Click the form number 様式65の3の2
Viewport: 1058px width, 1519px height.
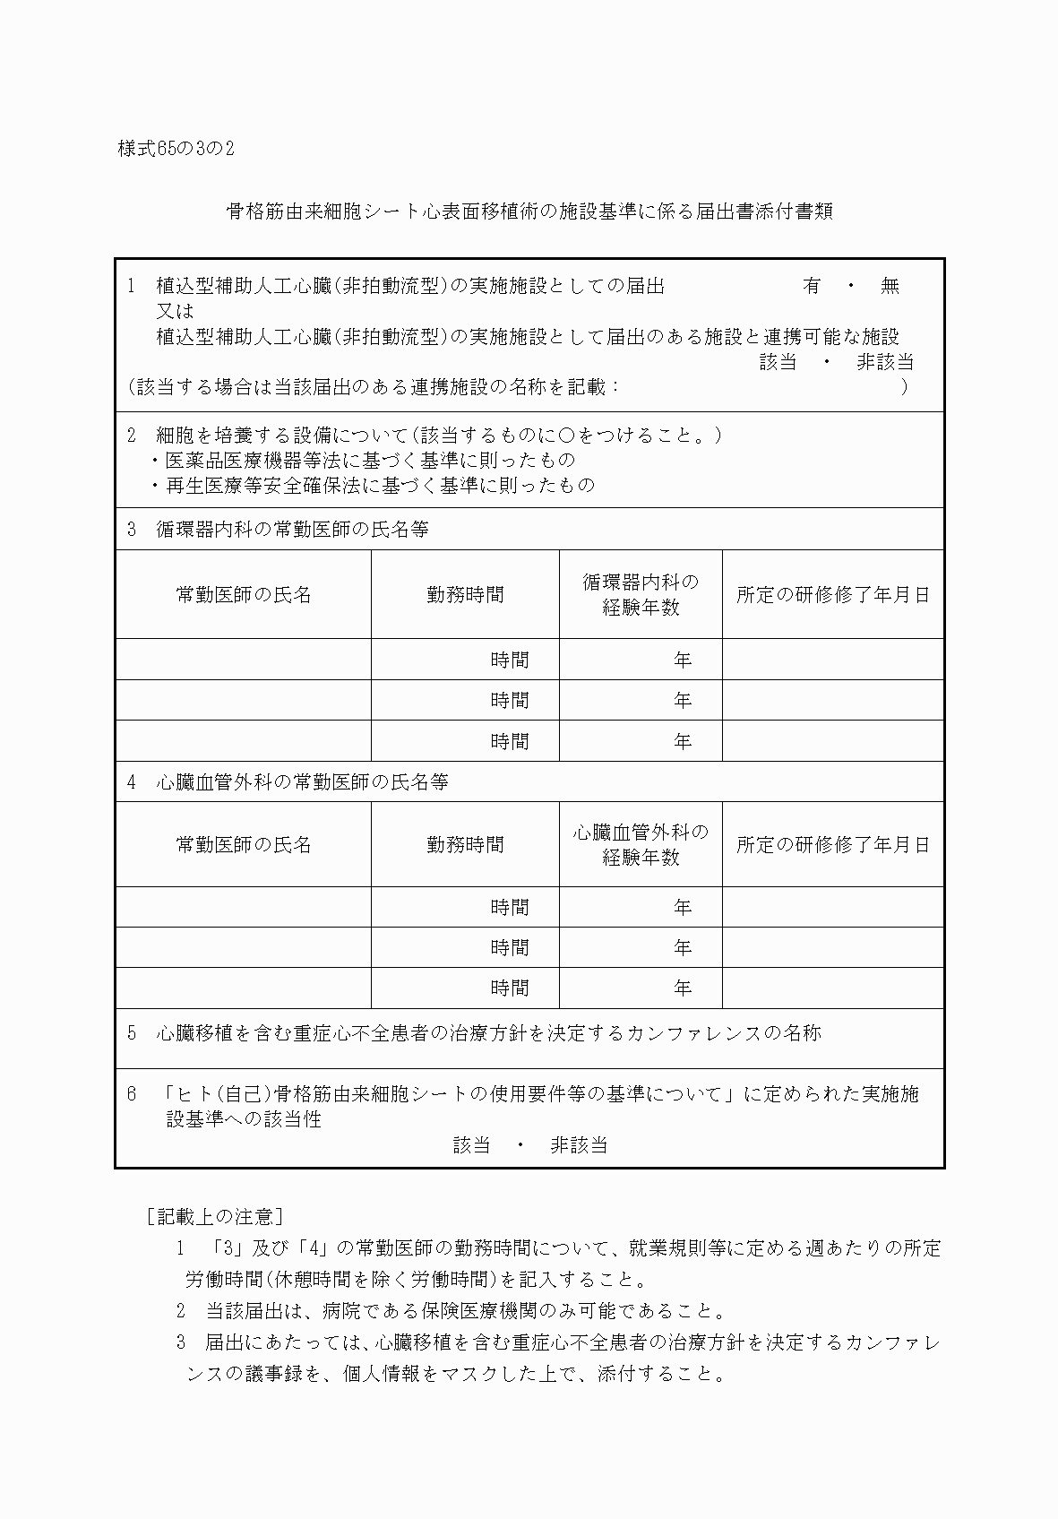coord(176,149)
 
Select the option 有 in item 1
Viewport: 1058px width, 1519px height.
coord(812,286)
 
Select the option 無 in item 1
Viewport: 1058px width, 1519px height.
coord(889,286)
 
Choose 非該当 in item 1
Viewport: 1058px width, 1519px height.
coord(884,362)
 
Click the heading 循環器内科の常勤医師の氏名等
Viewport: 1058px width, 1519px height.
coord(291,529)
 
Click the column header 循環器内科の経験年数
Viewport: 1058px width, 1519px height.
coord(641,594)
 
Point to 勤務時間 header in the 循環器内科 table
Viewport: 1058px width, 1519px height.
coord(465,594)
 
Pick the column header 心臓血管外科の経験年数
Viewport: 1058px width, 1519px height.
coord(641,844)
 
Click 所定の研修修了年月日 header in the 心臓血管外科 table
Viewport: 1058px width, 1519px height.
coord(832,844)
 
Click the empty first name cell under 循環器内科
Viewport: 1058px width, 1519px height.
coord(243,660)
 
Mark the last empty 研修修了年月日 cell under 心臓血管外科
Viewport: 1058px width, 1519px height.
coord(832,988)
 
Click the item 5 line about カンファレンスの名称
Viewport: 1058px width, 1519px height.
coord(488,1033)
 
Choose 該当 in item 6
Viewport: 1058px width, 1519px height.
coord(471,1144)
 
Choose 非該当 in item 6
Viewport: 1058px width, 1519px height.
coord(579,1144)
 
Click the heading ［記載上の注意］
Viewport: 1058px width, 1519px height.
coord(214,1216)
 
